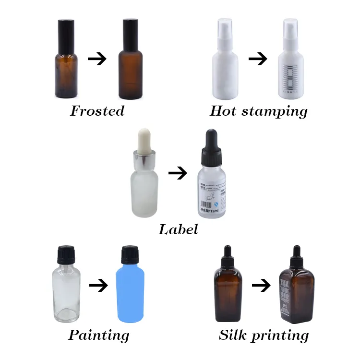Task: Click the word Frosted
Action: (97, 111)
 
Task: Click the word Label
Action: (178, 229)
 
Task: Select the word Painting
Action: (98, 335)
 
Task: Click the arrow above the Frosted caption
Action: (97, 59)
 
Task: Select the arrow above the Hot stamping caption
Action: (258, 59)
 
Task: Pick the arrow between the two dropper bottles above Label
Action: (178, 173)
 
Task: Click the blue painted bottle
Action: (130, 293)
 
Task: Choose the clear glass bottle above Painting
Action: (66, 293)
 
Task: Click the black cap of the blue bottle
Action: (130, 254)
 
